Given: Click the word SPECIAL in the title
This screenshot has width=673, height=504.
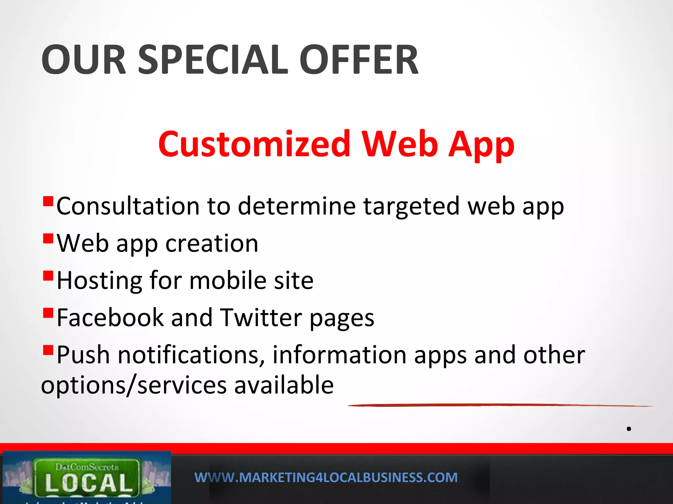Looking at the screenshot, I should [x=213, y=60].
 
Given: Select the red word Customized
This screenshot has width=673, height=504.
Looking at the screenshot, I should [x=254, y=144].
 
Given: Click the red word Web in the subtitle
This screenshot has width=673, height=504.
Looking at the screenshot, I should [x=400, y=144].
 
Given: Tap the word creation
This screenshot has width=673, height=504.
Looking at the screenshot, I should [x=212, y=243].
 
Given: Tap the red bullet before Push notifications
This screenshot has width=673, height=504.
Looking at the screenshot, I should [x=48, y=350].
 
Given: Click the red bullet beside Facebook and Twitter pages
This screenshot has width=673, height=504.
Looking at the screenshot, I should [x=48, y=313].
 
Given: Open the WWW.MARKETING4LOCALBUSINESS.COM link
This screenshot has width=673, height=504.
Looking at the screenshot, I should [x=326, y=477].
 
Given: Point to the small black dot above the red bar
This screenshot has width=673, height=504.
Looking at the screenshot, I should [x=629, y=429].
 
